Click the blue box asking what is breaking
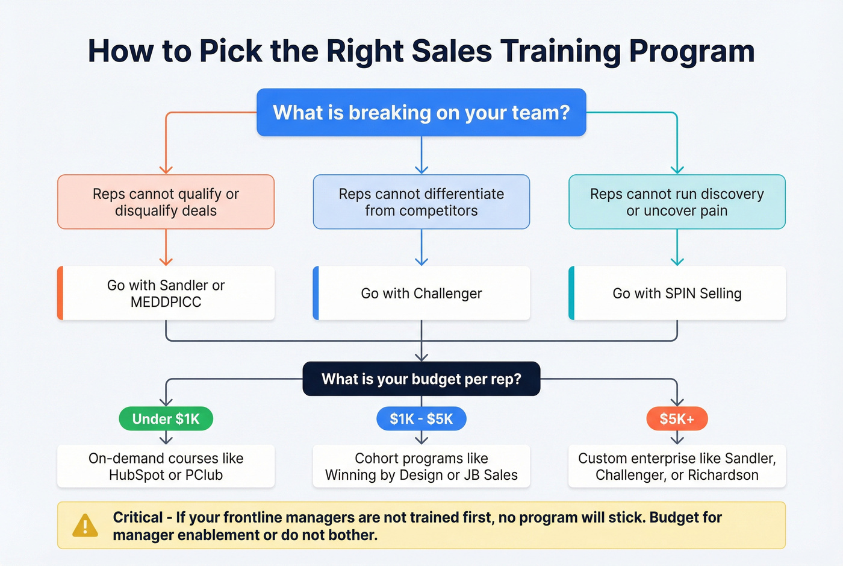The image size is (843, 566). (421, 113)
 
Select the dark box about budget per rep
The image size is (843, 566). (421, 379)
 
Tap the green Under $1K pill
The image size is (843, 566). (166, 419)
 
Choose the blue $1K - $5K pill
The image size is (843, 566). (421, 419)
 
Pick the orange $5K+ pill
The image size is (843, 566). (677, 419)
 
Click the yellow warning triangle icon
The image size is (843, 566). (85, 526)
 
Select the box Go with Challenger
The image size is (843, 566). (421, 294)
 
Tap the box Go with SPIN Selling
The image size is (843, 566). (677, 294)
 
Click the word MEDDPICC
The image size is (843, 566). (166, 302)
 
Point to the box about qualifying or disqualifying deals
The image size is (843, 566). (166, 202)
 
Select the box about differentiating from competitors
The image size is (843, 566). (421, 202)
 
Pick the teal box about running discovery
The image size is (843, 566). (677, 202)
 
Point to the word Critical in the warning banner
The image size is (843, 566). (138, 518)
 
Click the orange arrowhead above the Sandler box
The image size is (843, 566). (166, 261)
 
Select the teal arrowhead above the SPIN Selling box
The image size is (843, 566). (677, 261)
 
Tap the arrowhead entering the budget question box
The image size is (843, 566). (421, 357)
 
